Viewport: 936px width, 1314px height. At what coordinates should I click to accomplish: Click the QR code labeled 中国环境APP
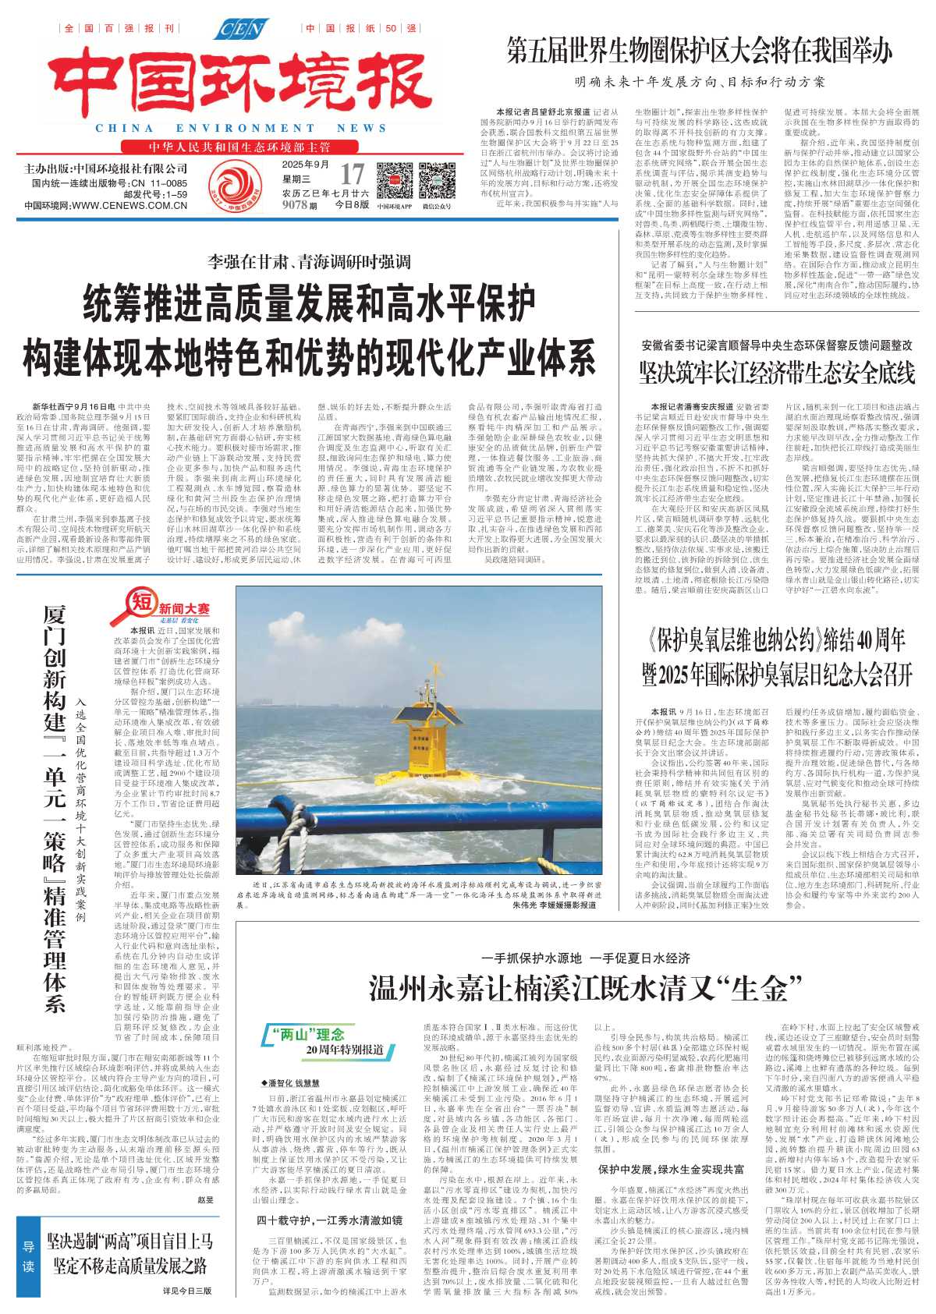tap(394, 181)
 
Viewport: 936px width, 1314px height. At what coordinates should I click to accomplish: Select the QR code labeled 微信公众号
tap(437, 181)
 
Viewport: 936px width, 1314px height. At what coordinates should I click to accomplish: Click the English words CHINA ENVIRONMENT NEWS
tap(240, 128)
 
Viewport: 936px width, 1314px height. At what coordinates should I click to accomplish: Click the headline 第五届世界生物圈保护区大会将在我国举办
tap(699, 51)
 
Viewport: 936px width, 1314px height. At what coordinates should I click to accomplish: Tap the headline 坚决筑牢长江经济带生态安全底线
tap(777, 374)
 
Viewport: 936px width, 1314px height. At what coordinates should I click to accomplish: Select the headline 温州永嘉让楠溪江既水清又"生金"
tap(579, 989)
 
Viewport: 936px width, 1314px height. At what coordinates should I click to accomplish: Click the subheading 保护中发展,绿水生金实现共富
tap(671, 1169)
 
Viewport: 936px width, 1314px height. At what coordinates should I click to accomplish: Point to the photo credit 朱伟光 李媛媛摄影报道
tap(555, 905)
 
